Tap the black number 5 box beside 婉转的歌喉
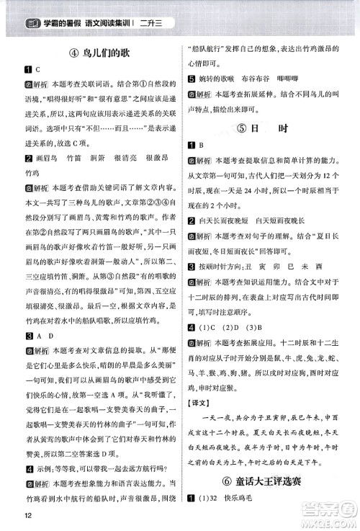(190, 78)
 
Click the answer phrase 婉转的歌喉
(220, 78)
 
